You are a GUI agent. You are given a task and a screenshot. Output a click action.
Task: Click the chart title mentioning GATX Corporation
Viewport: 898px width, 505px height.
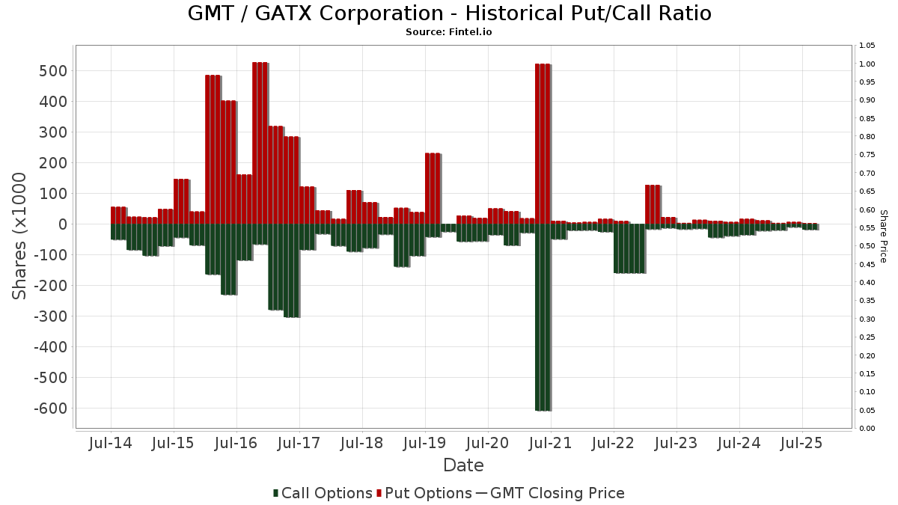[x=449, y=13]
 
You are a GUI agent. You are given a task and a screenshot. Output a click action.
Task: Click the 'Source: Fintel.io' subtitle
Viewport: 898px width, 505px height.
[x=449, y=32]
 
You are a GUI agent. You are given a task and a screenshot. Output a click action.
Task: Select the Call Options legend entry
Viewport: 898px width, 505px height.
[x=323, y=493]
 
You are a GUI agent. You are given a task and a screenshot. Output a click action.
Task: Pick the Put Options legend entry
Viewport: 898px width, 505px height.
[x=424, y=493]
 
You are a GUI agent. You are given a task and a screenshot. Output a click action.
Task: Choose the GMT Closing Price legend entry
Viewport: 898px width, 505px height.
[x=550, y=493]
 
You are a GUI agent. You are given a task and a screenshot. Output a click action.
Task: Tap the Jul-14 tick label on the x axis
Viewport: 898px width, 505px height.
[x=111, y=443]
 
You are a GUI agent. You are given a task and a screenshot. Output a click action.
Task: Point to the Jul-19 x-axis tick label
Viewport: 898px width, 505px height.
[x=424, y=443]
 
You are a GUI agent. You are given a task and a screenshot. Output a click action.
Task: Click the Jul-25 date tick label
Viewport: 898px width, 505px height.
[x=801, y=443]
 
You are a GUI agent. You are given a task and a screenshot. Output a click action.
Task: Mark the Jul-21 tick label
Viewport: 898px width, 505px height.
[x=550, y=443]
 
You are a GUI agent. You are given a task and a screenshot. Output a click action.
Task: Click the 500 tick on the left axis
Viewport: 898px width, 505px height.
[x=53, y=71]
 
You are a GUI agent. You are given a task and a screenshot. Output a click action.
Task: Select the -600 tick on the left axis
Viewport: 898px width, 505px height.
[x=49, y=408]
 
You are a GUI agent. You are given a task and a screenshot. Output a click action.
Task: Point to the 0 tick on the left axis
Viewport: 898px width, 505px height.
[x=63, y=224]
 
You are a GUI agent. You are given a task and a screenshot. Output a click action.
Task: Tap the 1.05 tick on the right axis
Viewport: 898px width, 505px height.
[x=867, y=46]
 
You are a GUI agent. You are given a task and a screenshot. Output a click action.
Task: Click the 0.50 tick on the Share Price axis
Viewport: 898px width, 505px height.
[x=867, y=246]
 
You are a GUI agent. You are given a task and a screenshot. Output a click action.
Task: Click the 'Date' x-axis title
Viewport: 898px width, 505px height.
[x=463, y=465]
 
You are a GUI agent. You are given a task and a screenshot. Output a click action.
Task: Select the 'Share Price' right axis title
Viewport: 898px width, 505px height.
[x=883, y=236]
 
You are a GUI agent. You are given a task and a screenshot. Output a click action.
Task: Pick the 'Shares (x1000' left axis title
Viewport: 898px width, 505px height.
[x=20, y=236]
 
